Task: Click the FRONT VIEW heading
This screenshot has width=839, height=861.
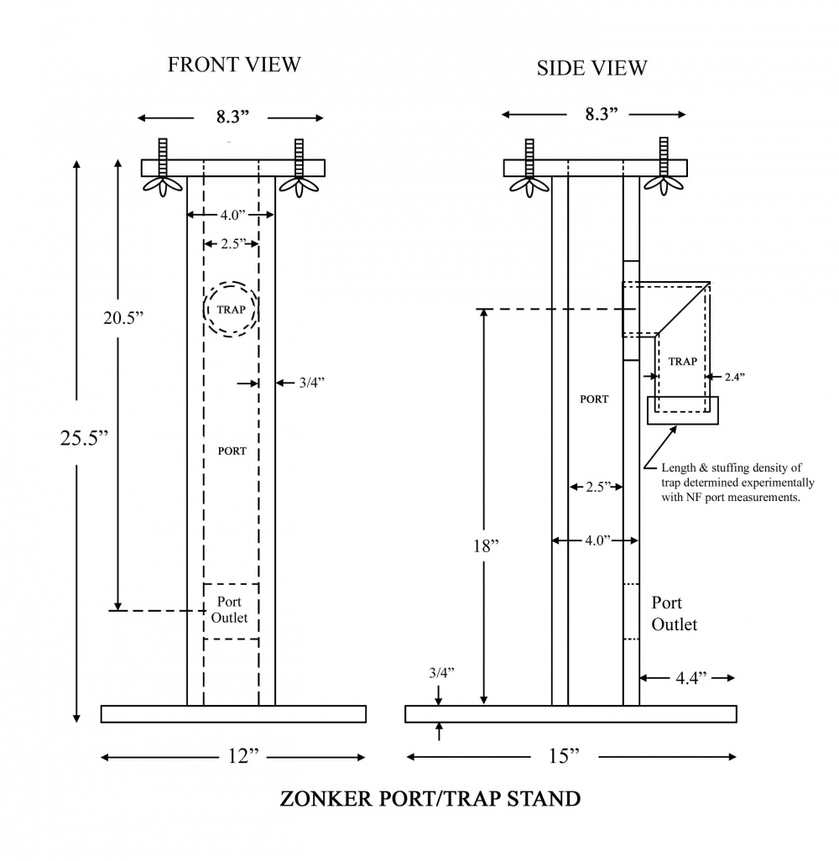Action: (234, 65)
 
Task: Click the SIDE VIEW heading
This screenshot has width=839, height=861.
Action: (591, 68)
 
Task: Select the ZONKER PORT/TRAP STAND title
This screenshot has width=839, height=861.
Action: (429, 798)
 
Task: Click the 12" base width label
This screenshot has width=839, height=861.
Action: (242, 756)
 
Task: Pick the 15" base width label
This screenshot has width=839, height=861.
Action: (564, 756)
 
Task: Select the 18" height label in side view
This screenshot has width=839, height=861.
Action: (486, 545)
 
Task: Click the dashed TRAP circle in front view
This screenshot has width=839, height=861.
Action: (231, 310)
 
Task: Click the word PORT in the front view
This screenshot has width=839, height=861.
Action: (232, 451)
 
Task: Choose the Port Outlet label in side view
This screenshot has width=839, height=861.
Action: (674, 613)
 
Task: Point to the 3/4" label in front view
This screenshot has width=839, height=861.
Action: (311, 383)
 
